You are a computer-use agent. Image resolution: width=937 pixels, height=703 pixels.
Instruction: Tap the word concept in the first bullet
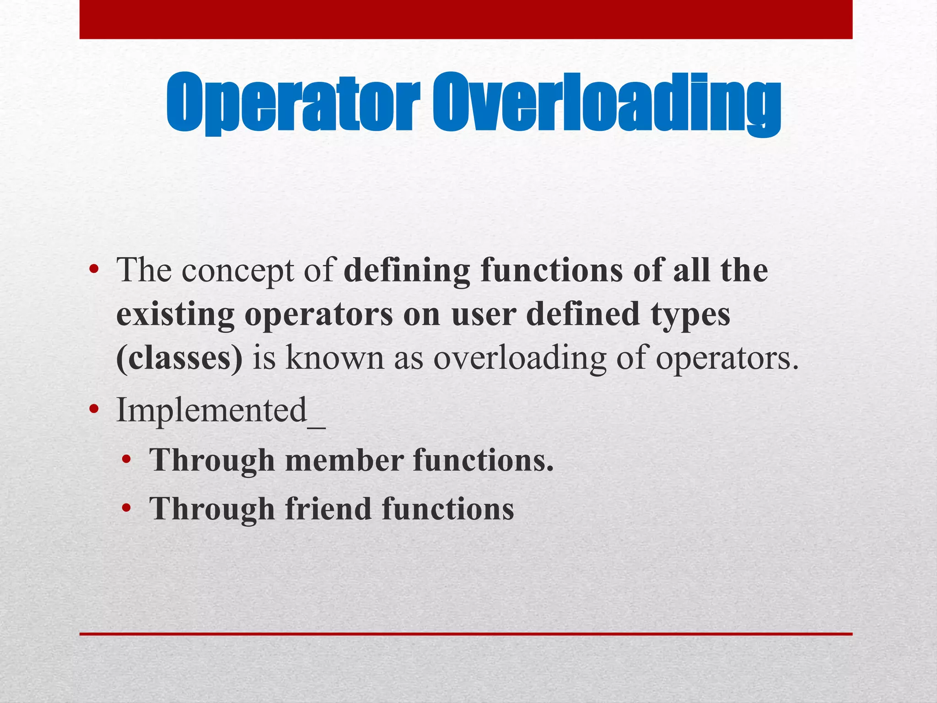237,271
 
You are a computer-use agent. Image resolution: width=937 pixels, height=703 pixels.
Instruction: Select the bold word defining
407,271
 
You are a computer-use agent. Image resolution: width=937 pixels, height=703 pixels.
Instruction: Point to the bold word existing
175,315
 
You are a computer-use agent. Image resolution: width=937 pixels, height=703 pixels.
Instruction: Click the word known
335,358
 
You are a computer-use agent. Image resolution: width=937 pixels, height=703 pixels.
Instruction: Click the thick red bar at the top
466,19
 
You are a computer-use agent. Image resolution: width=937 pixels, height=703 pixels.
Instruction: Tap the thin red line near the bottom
466,634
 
